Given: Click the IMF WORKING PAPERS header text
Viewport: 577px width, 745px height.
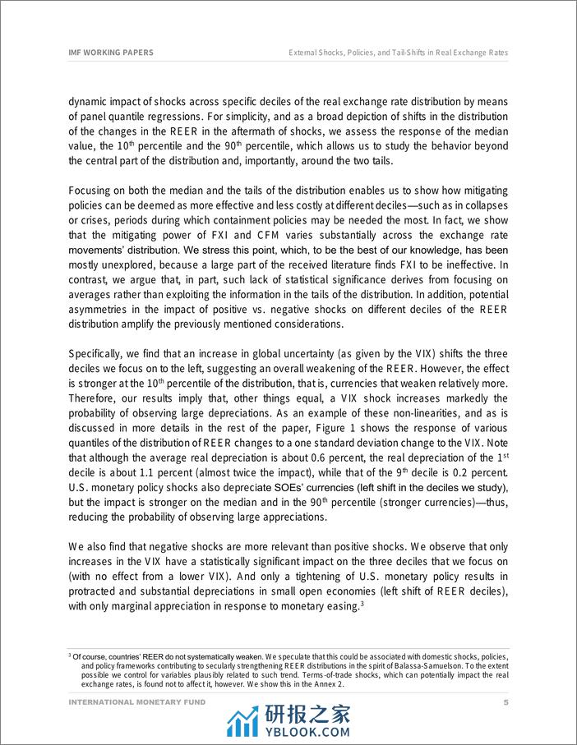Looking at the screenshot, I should coord(110,52).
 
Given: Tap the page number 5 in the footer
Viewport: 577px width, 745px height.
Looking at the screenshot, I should coord(505,703).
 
